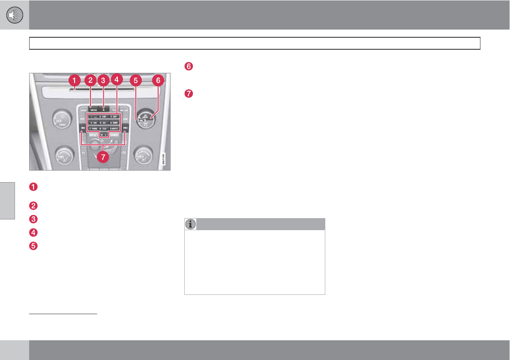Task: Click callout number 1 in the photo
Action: [74, 80]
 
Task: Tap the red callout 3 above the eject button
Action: [102, 80]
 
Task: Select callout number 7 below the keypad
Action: [102, 157]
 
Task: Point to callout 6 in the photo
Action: [158, 80]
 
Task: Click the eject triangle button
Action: [103, 110]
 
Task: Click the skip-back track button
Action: [82, 128]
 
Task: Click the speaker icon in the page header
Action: [15, 15]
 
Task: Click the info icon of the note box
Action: [190, 224]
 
